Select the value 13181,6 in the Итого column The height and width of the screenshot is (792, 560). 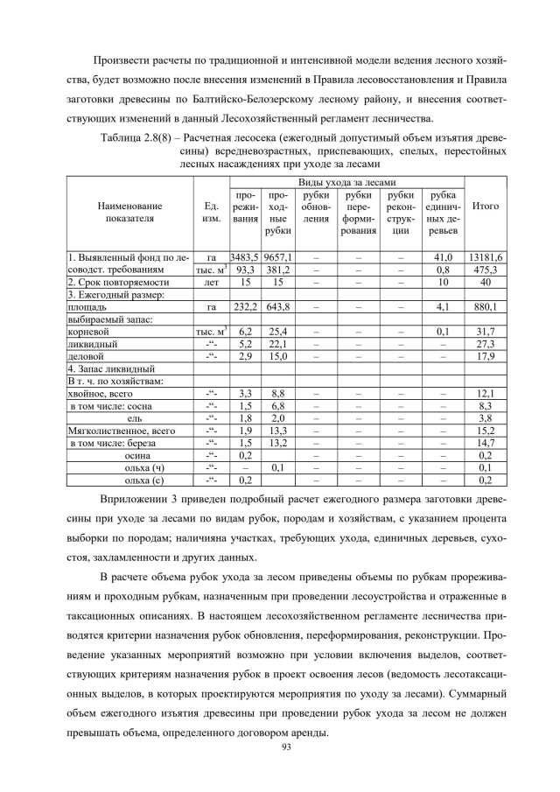pos(485,257)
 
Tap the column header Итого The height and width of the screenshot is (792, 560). pos(485,207)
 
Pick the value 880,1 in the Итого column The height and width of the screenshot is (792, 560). pos(485,308)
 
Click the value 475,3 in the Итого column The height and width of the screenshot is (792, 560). pos(485,270)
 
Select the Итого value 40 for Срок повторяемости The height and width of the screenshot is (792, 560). pos(485,283)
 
